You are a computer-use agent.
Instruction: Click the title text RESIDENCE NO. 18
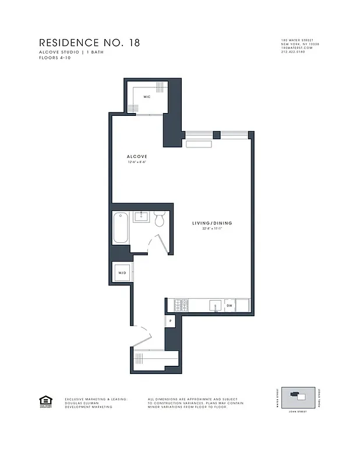[89, 43]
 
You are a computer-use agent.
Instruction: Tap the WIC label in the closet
[147, 97]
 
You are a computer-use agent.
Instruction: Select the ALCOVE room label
[137, 157]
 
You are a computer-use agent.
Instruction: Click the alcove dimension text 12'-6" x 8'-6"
[137, 163]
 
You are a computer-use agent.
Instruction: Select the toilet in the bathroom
[160, 219]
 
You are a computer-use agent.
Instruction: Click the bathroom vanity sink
[141, 217]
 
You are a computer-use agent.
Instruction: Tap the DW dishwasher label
[229, 305]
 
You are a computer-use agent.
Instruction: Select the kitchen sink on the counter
[214, 304]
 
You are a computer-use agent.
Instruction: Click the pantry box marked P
[171, 321]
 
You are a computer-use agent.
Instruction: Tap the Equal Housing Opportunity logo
[44, 401]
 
